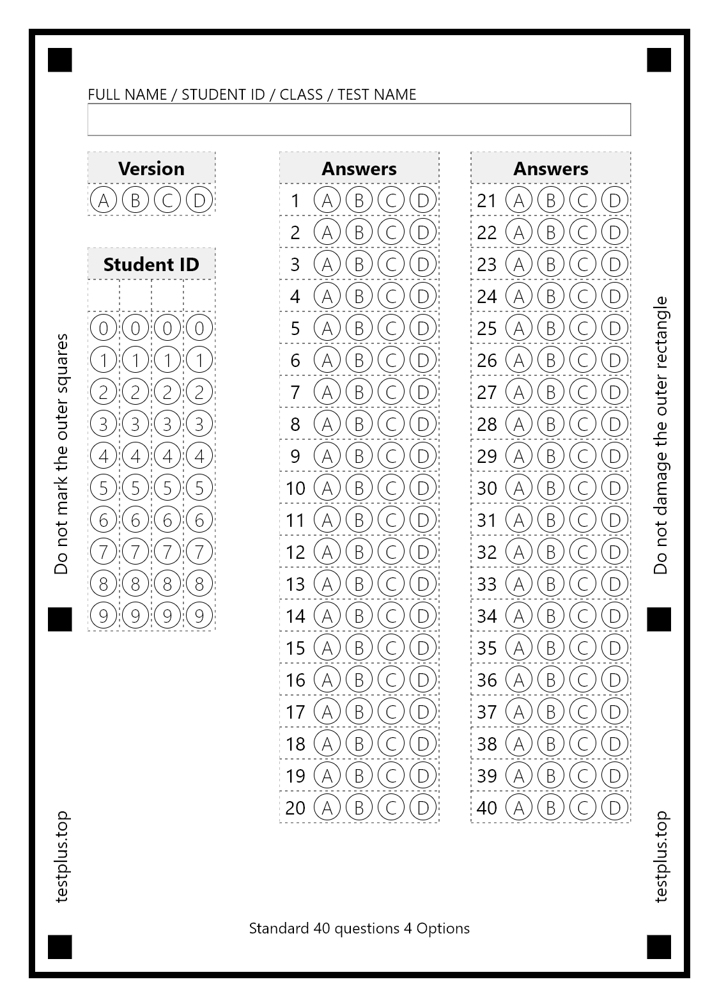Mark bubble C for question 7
pyautogui.click(x=390, y=392)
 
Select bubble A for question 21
pyautogui.click(x=518, y=200)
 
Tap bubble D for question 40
pyautogui.click(x=614, y=808)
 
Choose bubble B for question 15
pyautogui.click(x=359, y=648)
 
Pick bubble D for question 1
pyautogui.click(x=422, y=200)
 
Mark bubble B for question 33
pyautogui.click(x=550, y=584)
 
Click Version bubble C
pyautogui.click(x=167, y=200)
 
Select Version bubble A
pyautogui.click(x=104, y=200)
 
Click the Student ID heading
pyautogui.click(x=151, y=264)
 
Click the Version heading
pyautogui.click(x=151, y=168)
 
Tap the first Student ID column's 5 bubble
pyautogui.click(x=104, y=488)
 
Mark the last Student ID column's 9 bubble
pyautogui.click(x=199, y=616)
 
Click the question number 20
pyautogui.click(x=295, y=808)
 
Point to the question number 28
pyautogui.click(x=487, y=424)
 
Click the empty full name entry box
pyautogui.click(x=359, y=120)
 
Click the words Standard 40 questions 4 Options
pyautogui.click(x=359, y=928)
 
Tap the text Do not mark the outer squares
pyautogui.click(x=61, y=454)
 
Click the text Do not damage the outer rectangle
pyautogui.click(x=660, y=435)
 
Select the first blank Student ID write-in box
pyautogui.click(x=104, y=296)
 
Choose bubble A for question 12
pyautogui.click(x=327, y=552)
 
